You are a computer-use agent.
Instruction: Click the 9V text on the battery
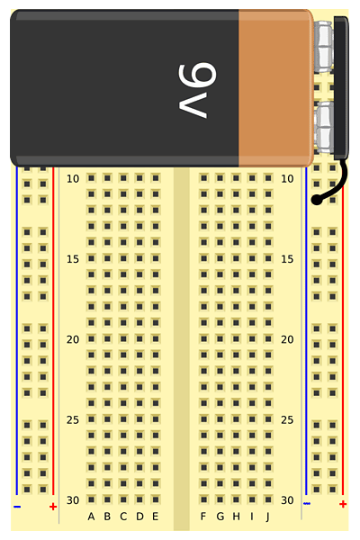point(197,90)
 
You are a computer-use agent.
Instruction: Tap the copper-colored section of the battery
point(276,88)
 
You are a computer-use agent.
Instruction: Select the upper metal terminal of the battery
point(325,47)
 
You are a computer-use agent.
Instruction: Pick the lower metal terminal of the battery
point(325,128)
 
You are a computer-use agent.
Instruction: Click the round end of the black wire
point(317,200)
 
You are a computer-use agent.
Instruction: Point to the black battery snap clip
point(341,88)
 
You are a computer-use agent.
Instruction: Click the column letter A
point(91,517)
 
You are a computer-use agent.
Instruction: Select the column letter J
point(267,517)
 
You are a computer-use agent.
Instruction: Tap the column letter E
point(156,517)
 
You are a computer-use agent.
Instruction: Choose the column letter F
point(203,517)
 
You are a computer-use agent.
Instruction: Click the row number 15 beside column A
point(73,259)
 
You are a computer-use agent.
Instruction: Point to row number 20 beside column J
point(287,339)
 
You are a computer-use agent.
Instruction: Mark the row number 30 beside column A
point(73,500)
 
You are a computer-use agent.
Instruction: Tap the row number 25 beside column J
point(287,419)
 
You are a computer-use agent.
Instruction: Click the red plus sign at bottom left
point(53,507)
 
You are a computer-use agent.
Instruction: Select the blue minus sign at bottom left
point(17,507)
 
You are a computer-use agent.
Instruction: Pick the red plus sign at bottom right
point(343,504)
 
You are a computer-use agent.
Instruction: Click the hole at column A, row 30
point(91,499)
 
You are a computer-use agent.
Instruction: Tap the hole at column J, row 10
point(268,178)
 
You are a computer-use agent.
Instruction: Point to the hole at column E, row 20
point(156,339)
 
